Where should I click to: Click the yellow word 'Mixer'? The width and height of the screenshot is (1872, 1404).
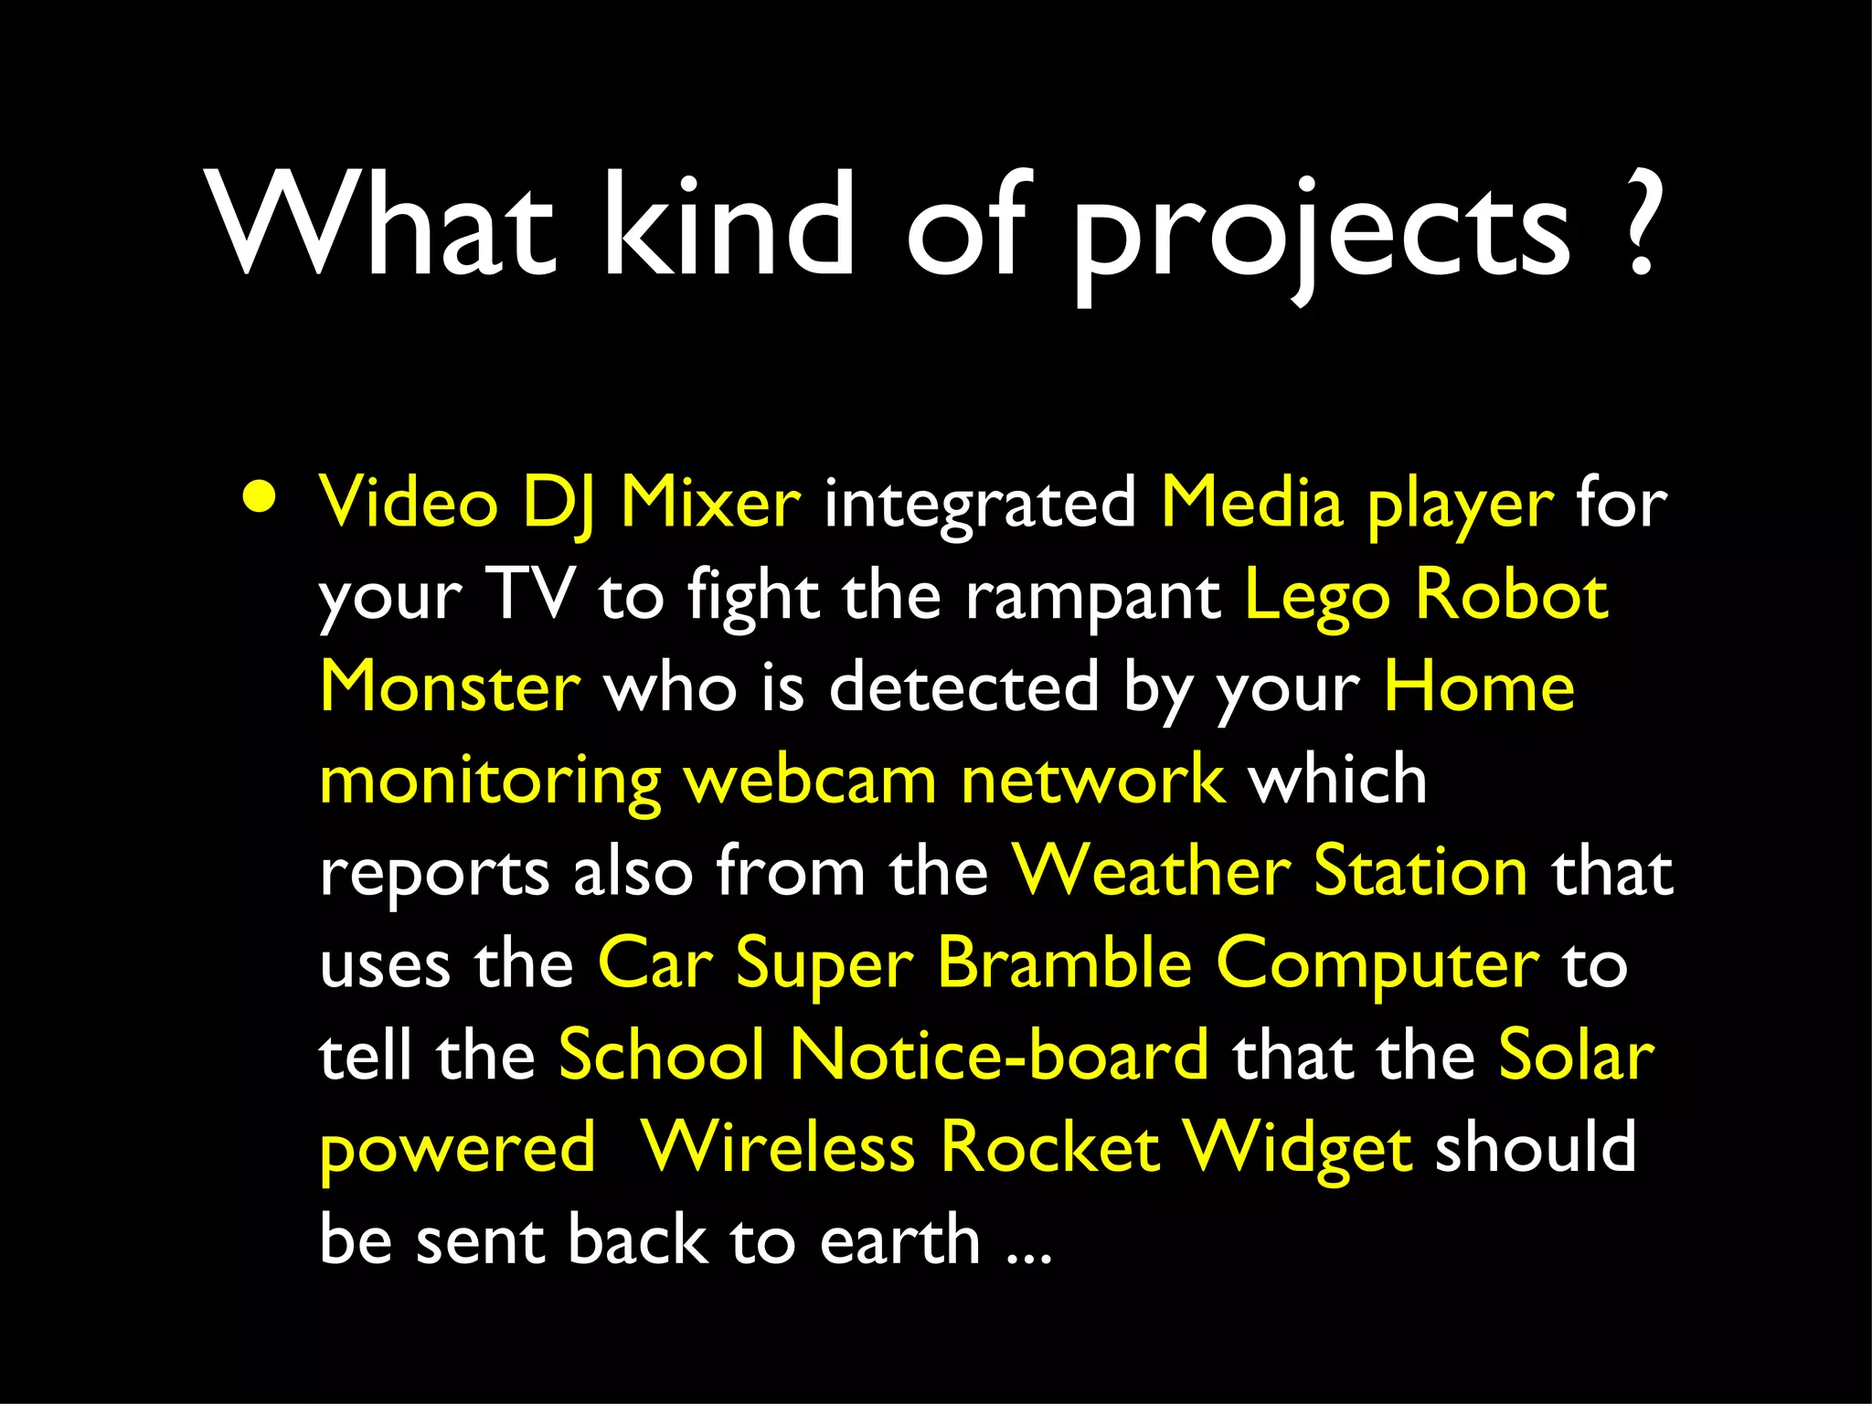click(710, 503)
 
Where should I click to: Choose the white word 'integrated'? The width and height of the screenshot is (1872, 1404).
click(981, 505)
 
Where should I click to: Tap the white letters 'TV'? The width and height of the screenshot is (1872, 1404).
click(531, 595)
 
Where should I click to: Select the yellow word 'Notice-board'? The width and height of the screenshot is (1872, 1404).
click(999, 1056)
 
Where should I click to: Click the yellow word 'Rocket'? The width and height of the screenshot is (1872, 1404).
click(1050, 1148)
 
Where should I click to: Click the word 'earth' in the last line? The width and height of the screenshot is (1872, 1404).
click(900, 1240)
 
